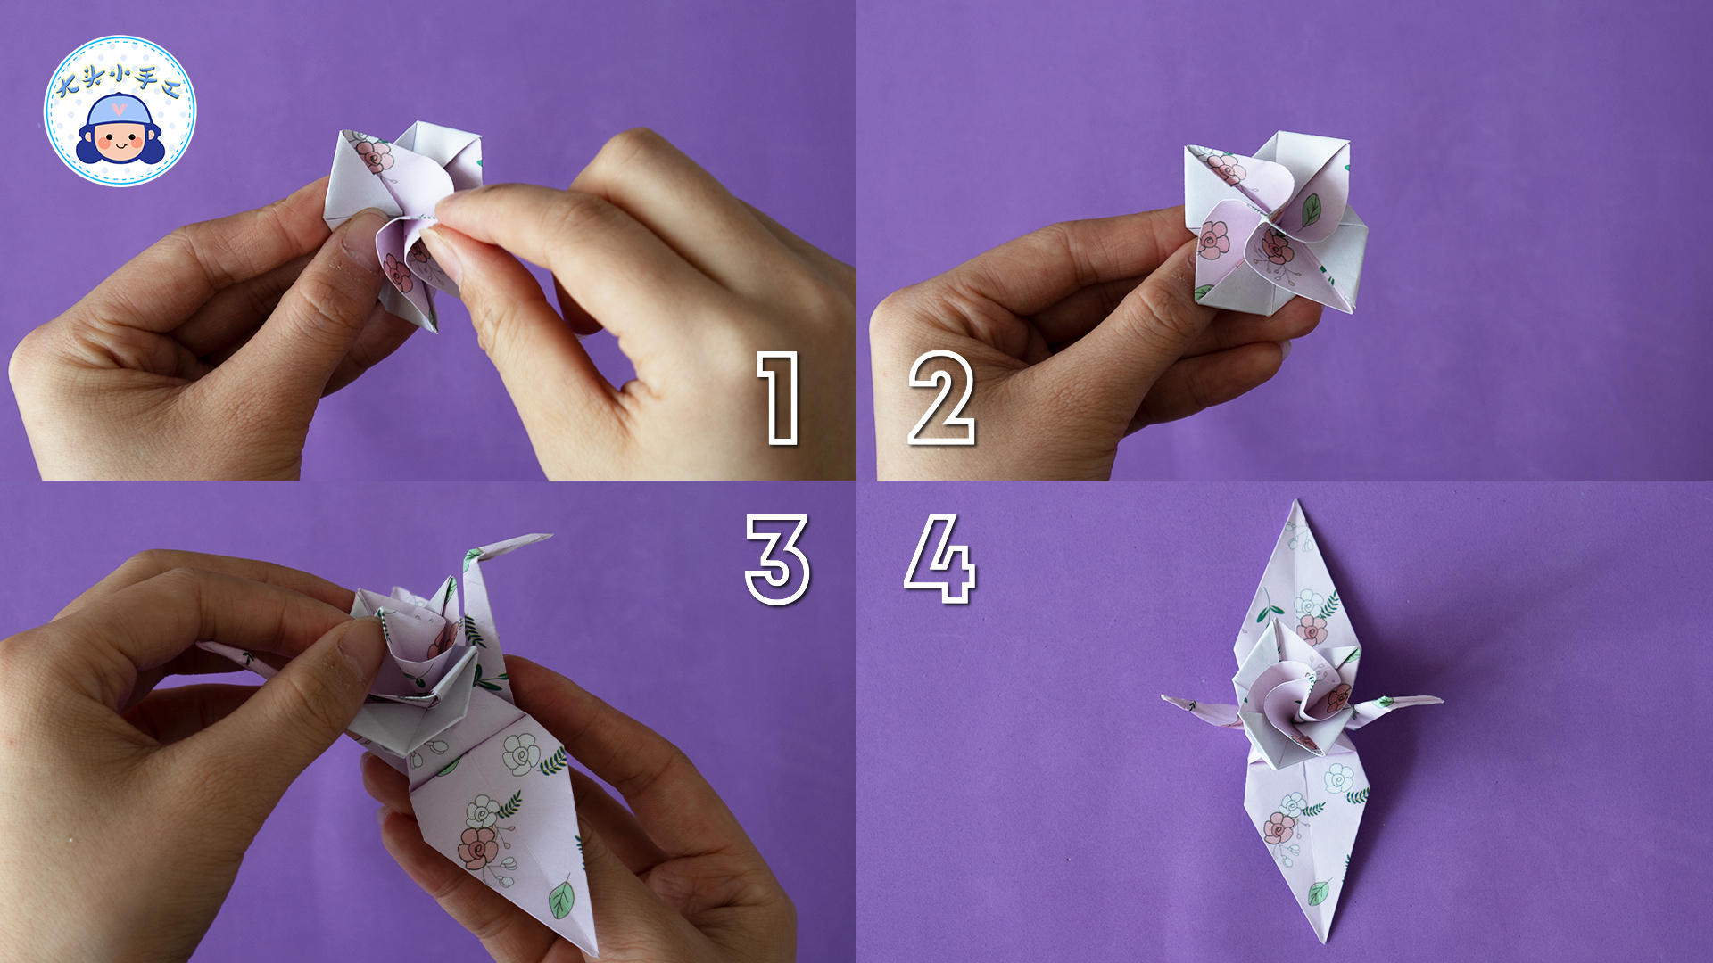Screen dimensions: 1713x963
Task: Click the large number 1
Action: click(x=778, y=398)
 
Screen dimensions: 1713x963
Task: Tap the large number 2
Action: click(x=941, y=398)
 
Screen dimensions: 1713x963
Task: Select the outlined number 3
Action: click(x=778, y=560)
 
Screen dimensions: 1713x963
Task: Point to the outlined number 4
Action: click(x=940, y=558)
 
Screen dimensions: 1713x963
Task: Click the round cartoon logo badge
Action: click(x=120, y=111)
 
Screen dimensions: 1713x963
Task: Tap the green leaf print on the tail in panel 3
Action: click(x=562, y=899)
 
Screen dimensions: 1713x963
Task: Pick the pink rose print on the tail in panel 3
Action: click(x=479, y=848)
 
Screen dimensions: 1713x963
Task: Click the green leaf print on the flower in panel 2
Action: click(x=1311, y=211)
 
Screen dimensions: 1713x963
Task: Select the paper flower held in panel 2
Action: click(x=1276, y=221)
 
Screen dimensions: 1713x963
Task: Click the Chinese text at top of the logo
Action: click(x=119, y=82)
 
